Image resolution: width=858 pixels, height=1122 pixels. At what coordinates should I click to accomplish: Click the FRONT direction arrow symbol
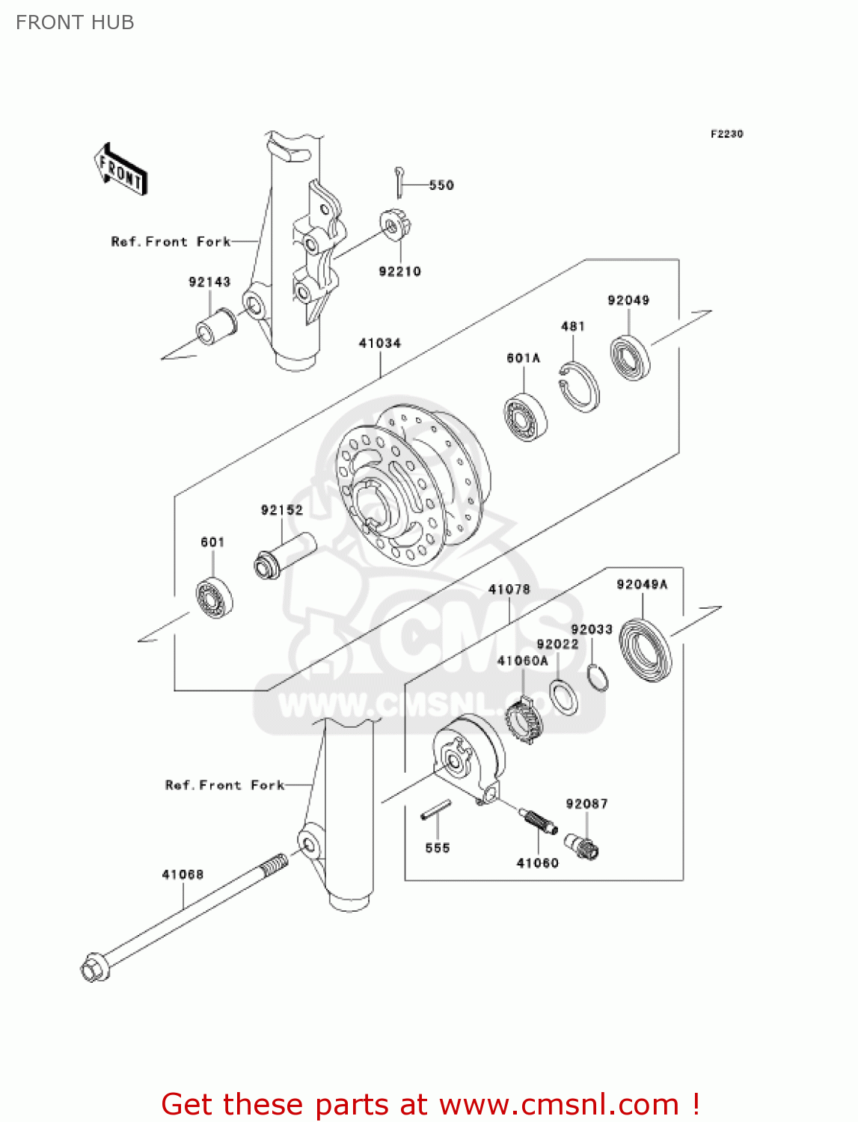(x=120, y=171)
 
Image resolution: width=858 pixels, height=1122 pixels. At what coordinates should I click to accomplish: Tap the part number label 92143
(x=209, y=282)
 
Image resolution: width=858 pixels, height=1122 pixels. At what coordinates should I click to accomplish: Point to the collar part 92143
(x=216, y=327)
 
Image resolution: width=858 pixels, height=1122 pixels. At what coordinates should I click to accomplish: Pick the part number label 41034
(x=380, y=343)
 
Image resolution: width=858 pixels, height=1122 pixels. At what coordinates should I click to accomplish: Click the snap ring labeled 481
(x=580, y=387)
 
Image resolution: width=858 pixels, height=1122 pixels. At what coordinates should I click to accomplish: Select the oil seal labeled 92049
(x=630, y=358)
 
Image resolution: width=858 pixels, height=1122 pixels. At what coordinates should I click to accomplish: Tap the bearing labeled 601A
(x=525, y=417)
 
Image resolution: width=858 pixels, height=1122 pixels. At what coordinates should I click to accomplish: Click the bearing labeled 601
(x=214, y=597)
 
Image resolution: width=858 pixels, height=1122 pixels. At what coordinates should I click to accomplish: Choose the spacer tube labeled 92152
(x=285, y=554)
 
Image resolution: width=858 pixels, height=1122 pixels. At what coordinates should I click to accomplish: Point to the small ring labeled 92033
(x=598, y=676)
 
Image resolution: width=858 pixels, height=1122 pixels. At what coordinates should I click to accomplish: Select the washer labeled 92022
(x=564, y=696)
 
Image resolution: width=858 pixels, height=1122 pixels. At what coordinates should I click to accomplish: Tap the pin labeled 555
(x=436, y=810)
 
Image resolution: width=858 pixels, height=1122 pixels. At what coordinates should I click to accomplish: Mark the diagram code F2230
(x=726, y=134)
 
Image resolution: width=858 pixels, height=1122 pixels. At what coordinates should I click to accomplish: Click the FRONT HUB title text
(x=75, y=22)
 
